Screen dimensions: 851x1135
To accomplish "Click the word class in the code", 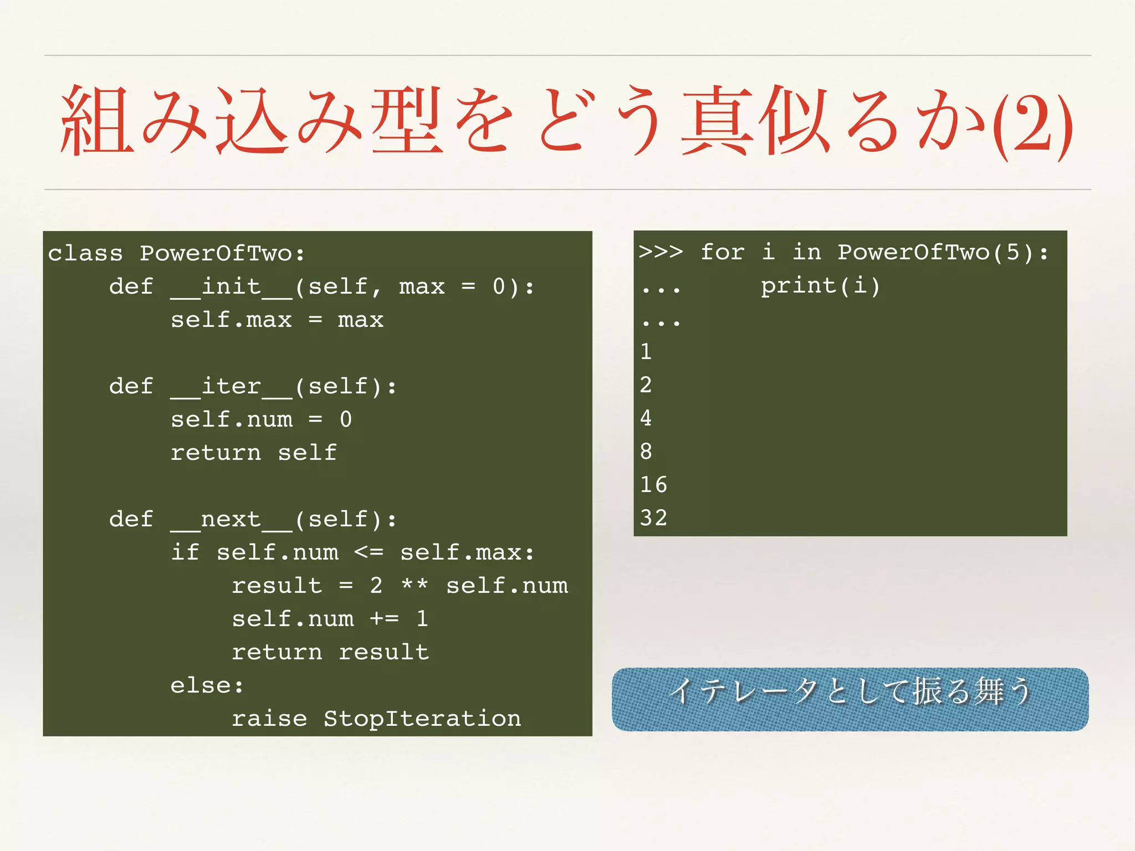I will (85, 254).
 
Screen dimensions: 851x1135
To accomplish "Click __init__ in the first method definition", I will (231, 287).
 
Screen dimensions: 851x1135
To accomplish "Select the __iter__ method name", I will (231, 387).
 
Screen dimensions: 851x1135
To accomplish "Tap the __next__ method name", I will (231, 520).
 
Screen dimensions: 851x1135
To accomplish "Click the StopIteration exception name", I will (422, 719).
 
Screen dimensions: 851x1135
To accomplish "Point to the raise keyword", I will (269, 719).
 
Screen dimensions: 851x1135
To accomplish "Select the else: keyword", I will (207, 686).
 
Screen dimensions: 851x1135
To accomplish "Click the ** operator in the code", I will (415, 586).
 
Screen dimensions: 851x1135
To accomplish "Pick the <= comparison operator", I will (369, 552).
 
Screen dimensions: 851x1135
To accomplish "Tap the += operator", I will (384, 619).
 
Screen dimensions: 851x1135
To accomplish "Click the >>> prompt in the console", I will (661, 252).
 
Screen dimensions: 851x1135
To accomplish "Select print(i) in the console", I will (820, 286).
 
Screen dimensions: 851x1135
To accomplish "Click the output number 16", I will (653, 485).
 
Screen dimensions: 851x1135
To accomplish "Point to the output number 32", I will (653, 518).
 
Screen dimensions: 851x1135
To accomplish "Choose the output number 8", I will (646, 452).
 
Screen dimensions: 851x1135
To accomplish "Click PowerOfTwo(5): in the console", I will (943, 253).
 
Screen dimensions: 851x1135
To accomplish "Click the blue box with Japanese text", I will (850, 699).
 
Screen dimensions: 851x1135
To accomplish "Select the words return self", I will (253, 453).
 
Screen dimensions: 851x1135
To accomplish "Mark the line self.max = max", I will (277, 320).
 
